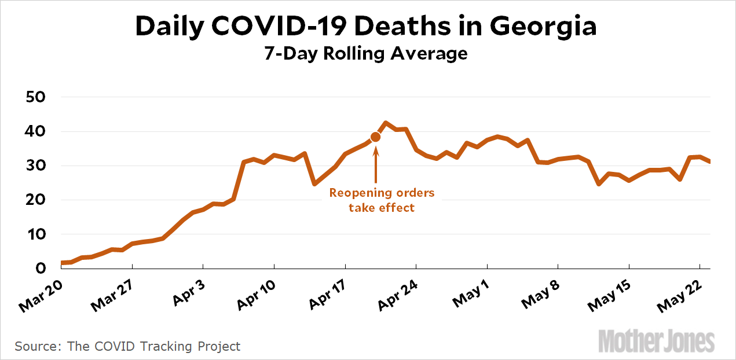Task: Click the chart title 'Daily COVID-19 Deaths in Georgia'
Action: click(x=366, y=27)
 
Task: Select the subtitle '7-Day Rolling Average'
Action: click(x=366, y=54)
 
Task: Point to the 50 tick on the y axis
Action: click(x=36, y=97)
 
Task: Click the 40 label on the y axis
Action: click(x=36, y=131)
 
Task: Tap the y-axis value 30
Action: click(x=36, y=166)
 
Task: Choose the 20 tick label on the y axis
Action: click(x=36, y=200)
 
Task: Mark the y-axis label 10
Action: click(x=36, y=234)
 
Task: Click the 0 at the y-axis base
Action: click(x=41, y=269)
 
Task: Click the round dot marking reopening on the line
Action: click(x=375, y=137)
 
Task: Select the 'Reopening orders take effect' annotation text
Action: click(x=382, y=200)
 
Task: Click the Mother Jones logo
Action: click(x=657, y=341)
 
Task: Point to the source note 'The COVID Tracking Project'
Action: click(x=153, y=347)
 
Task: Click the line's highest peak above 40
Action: click(x=386, y=123)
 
